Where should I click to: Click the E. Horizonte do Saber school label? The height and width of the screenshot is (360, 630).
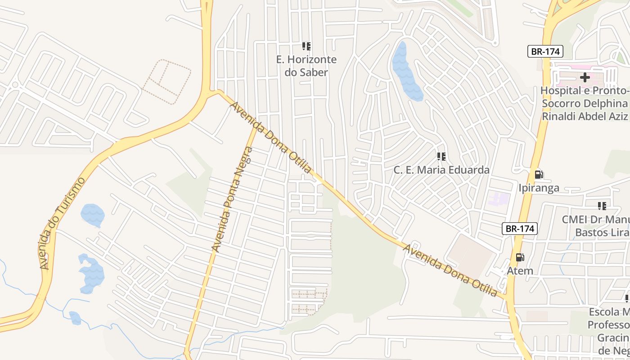tap(306, 66)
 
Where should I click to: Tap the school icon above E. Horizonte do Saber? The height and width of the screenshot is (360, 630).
tap(306, 46)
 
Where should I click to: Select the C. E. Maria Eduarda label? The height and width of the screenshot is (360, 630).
tap(441, 170)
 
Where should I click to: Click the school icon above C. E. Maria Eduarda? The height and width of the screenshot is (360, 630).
tap(441, 156)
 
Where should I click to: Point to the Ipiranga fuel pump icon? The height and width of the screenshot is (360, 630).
tap(539, 175)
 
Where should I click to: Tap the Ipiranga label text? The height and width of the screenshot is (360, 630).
tap(539, 188)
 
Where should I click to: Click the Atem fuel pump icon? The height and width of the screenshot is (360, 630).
tap(520, 257)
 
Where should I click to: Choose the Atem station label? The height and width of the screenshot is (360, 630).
tap(520, 271)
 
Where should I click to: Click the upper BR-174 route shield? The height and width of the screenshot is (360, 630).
tap(545, 51)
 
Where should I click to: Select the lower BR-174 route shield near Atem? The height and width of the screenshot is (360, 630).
tap(520, 229)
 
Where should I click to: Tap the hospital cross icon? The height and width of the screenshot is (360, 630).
tap(585, 77)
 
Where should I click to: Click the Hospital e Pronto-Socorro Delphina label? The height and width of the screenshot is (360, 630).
tap(585, 103)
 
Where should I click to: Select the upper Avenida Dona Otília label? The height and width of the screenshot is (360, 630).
tap(271, 137)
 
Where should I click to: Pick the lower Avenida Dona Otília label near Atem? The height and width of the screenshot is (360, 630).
tap(450, 270)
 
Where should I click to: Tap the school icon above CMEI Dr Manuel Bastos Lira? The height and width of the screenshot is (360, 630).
tap(602, 206)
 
